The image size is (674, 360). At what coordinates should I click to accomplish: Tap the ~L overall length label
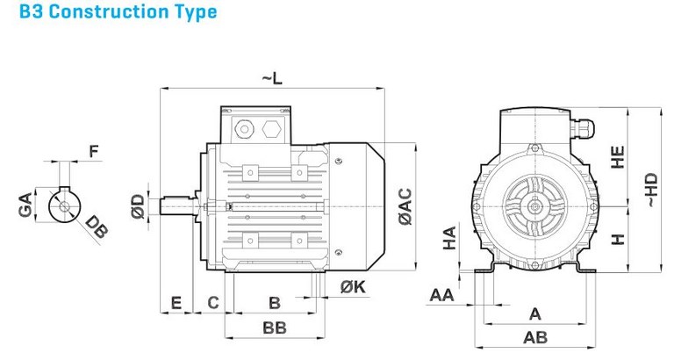coord(272,80)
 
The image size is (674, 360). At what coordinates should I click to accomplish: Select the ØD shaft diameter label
coord(137,207)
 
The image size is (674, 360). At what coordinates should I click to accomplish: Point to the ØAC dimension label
coord(405,207)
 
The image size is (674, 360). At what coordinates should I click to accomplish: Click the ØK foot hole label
coord(352,286)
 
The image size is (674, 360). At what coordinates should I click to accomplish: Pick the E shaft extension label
coord(176,304)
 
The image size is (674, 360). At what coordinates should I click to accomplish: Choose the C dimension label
coord(212,304)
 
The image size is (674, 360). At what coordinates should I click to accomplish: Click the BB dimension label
coord(274,328)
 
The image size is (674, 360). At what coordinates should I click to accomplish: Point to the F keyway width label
coord(94,152)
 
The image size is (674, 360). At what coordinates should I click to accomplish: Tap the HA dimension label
coord(448,237)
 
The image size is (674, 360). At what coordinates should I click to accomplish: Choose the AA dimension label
coord(441,295)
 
